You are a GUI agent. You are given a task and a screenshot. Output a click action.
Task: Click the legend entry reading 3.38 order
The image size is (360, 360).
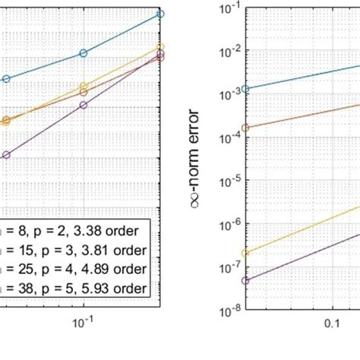76,231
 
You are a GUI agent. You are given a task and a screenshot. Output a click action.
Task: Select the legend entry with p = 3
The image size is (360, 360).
76,250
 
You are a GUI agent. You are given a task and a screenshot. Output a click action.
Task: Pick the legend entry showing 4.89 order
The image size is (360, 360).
76,269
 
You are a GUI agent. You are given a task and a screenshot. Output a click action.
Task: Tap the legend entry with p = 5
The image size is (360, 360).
76,289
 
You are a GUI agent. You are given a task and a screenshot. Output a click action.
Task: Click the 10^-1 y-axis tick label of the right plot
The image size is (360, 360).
226,8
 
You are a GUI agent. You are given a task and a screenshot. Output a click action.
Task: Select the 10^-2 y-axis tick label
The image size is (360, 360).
226,51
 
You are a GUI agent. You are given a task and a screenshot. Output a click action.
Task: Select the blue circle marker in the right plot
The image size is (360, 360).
245,89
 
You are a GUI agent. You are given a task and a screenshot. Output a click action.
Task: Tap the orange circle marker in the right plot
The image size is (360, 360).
245,128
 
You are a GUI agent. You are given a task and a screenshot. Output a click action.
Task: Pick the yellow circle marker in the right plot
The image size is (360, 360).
245,253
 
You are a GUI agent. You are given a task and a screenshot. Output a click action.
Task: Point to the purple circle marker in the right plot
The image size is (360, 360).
245,280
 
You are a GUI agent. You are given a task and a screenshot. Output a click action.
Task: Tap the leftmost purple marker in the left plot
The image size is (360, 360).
6,155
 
